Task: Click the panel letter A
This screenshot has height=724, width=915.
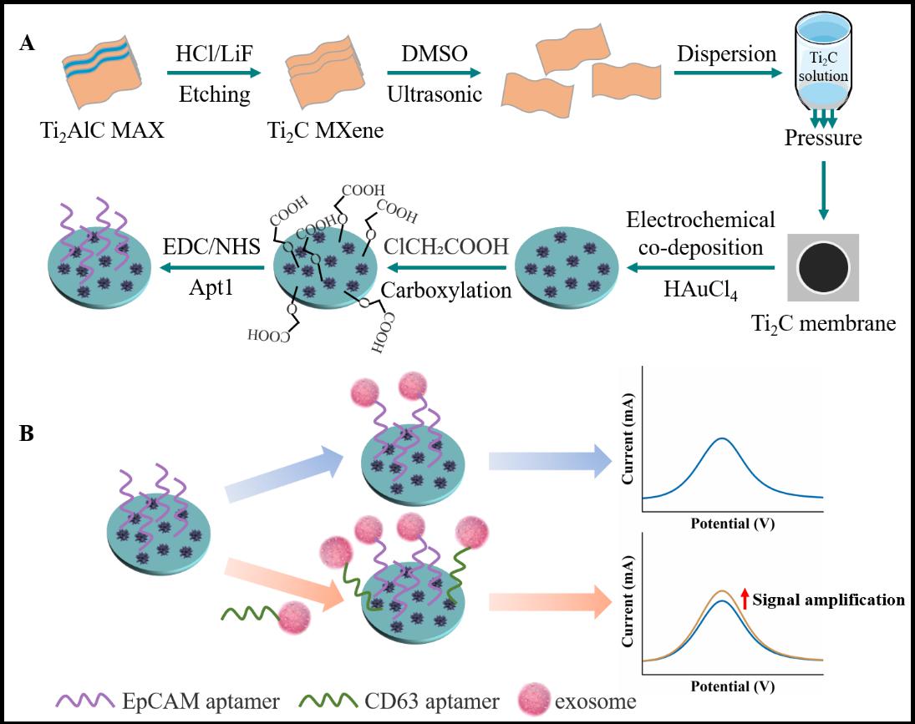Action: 28,44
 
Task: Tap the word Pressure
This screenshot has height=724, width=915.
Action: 822,137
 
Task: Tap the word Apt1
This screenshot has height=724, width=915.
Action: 215,290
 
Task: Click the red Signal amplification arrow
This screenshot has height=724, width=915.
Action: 745,599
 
